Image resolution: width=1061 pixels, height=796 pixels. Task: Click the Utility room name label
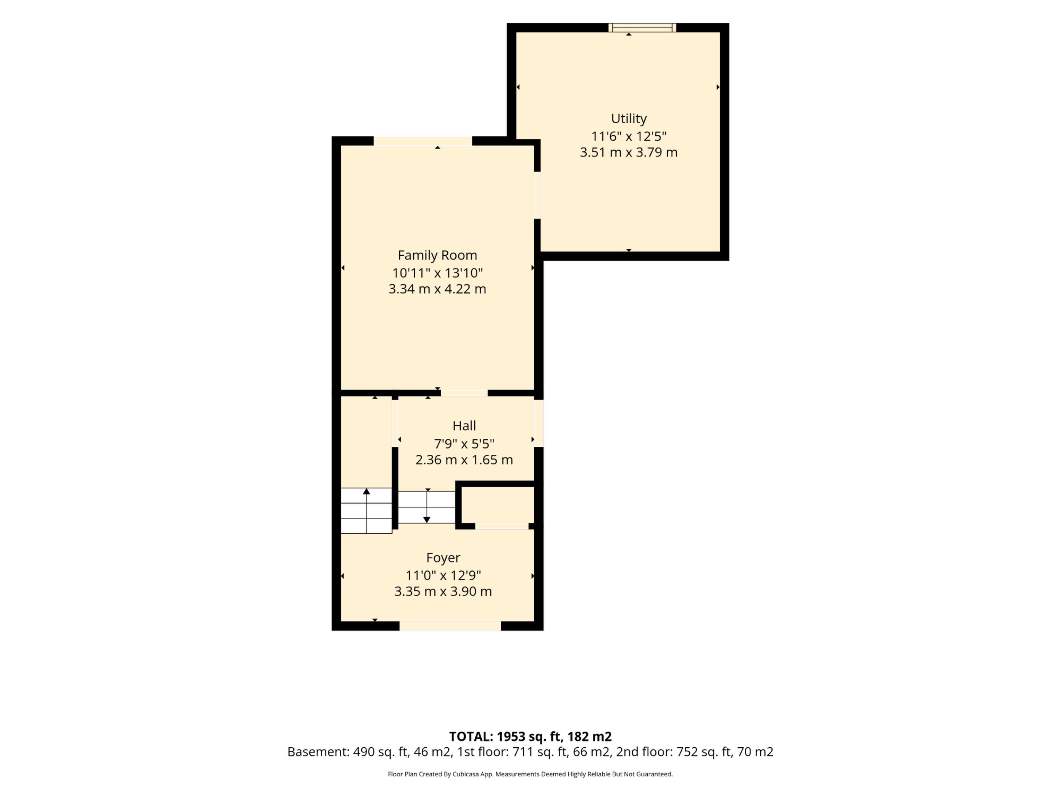point(628,119)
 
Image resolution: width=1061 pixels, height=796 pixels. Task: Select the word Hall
point(464,426)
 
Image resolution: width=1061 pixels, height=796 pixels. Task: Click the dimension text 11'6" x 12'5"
point(628,136)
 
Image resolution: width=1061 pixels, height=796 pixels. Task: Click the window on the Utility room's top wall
point(642,27)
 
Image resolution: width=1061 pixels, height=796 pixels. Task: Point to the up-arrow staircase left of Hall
point(366,510)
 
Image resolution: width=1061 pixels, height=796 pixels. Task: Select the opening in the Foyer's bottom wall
point(450,626)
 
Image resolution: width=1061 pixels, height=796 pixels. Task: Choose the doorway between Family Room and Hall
point(464,393)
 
